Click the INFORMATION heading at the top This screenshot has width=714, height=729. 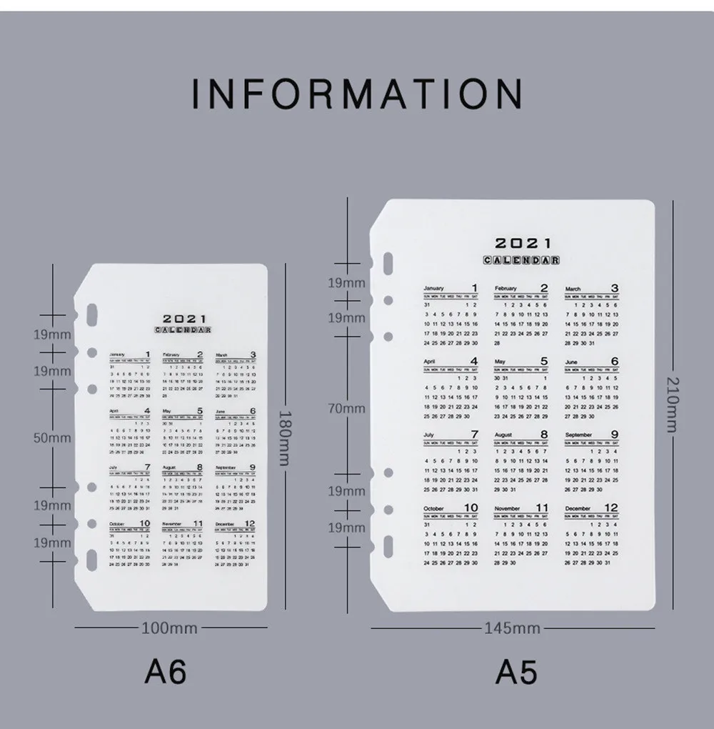[356, 94]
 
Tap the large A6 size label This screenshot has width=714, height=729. [166, 671]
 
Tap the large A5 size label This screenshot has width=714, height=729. [516, 672]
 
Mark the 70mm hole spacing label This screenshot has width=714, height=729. [346, 408]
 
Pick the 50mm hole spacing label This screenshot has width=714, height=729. [52, 437]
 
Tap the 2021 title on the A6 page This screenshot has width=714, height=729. [184, 319]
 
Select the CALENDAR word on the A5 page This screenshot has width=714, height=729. [521, 260]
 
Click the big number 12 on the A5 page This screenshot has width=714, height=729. [611, 507]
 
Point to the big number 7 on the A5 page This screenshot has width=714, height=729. [473, 434]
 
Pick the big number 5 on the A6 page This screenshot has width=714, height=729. [200, 411]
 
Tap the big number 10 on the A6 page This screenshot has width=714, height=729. [145, 523]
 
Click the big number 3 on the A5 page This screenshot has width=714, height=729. [614, 288]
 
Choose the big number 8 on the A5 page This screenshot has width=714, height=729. [543, 434]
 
